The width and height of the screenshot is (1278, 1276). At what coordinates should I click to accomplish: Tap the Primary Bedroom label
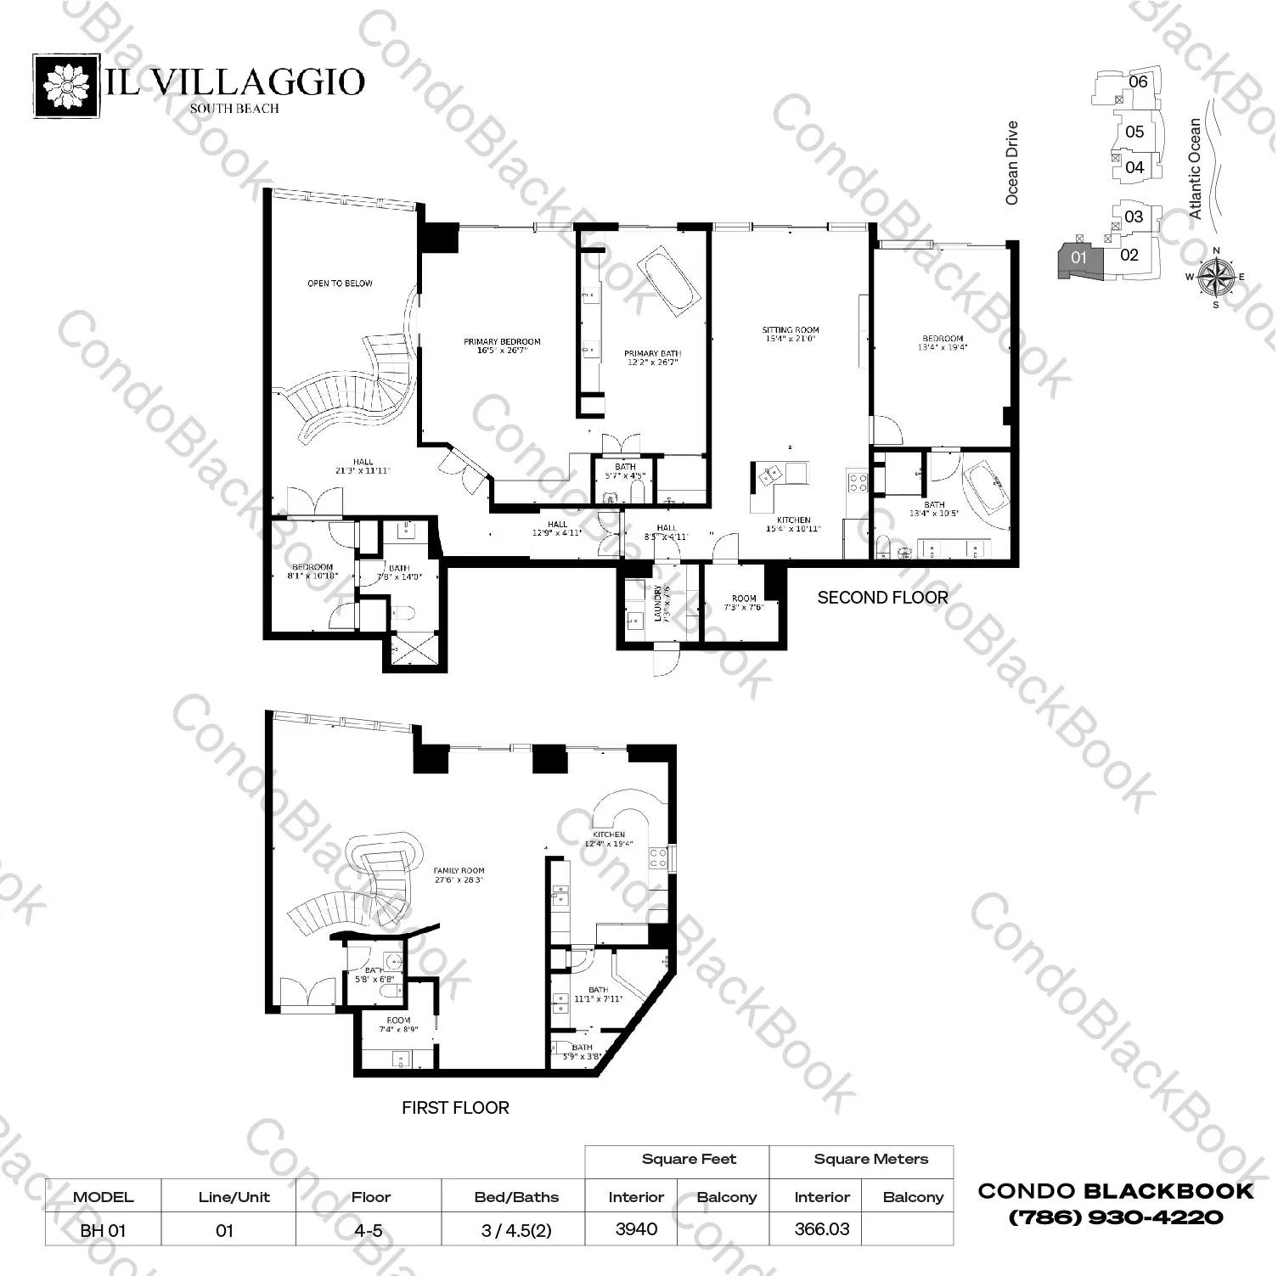coord(502,346)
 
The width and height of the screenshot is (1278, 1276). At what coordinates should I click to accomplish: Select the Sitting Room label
coord(790,334)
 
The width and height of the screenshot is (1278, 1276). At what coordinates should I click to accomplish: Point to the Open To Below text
coord(340,284)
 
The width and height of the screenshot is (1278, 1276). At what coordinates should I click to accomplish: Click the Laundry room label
coord(658,602)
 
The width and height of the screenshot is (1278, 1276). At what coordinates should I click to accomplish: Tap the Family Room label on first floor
coord(459,875)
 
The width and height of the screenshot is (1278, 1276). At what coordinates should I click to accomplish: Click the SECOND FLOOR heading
coord(882,598)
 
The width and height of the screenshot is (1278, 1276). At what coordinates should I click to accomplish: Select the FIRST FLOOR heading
coord(455,1108)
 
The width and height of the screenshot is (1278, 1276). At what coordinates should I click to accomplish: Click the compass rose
coord(1216,276)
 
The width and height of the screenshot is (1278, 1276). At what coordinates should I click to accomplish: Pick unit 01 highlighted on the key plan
coord(1078,257)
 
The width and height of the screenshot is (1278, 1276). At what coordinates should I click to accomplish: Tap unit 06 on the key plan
coord(1138,82)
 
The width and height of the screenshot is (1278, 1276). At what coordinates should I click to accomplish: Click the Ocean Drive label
coord(1011,163)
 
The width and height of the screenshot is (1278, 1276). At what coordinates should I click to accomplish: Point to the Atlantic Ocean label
coord(1195,168)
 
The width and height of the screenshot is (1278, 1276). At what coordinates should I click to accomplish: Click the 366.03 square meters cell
coord(821,1229)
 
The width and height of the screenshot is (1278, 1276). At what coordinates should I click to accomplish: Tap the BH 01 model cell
coord(103,1230)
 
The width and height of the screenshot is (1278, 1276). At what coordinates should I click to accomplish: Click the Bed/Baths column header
coord(516,1197)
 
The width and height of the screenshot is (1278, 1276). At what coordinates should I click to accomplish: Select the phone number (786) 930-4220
coord(1115,1217)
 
